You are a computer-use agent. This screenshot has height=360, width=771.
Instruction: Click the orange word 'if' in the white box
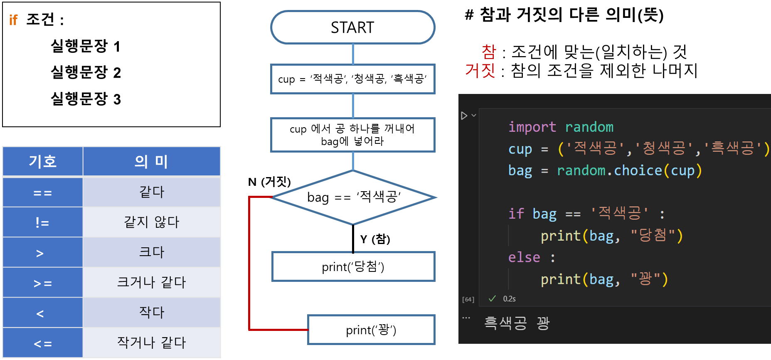point(13,20)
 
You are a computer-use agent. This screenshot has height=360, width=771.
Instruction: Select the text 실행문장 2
point(86,72)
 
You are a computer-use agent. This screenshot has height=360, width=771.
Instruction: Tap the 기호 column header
point(43,161)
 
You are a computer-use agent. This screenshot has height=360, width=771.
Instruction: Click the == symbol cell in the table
point(42,192)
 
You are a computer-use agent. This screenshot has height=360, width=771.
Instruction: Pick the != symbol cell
point(42,222)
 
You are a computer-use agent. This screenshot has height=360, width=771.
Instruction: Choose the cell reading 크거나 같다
point(151,282)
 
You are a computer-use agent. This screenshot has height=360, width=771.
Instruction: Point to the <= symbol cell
point(42,343)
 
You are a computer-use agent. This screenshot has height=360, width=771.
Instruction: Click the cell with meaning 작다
point(151,312)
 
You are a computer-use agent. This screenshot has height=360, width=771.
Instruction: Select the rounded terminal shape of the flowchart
point(352,27)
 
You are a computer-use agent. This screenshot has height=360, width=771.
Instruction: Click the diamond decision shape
point(353,197)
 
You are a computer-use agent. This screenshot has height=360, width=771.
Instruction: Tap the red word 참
point(489,52)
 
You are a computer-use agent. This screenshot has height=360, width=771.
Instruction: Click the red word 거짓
point(480,70)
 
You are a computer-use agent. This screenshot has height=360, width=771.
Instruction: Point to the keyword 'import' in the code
point(532,127)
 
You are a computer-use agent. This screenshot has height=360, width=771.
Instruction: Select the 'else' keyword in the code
point(524,257)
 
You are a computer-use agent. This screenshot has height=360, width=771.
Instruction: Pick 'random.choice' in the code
point(609,170)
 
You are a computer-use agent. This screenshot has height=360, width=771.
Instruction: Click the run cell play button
point(464,116)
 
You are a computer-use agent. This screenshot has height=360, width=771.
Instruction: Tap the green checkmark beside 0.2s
point(492,298)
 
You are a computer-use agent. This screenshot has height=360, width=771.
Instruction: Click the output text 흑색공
point(505,323)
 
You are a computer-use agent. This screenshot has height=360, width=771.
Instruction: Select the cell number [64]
point(468,299)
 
